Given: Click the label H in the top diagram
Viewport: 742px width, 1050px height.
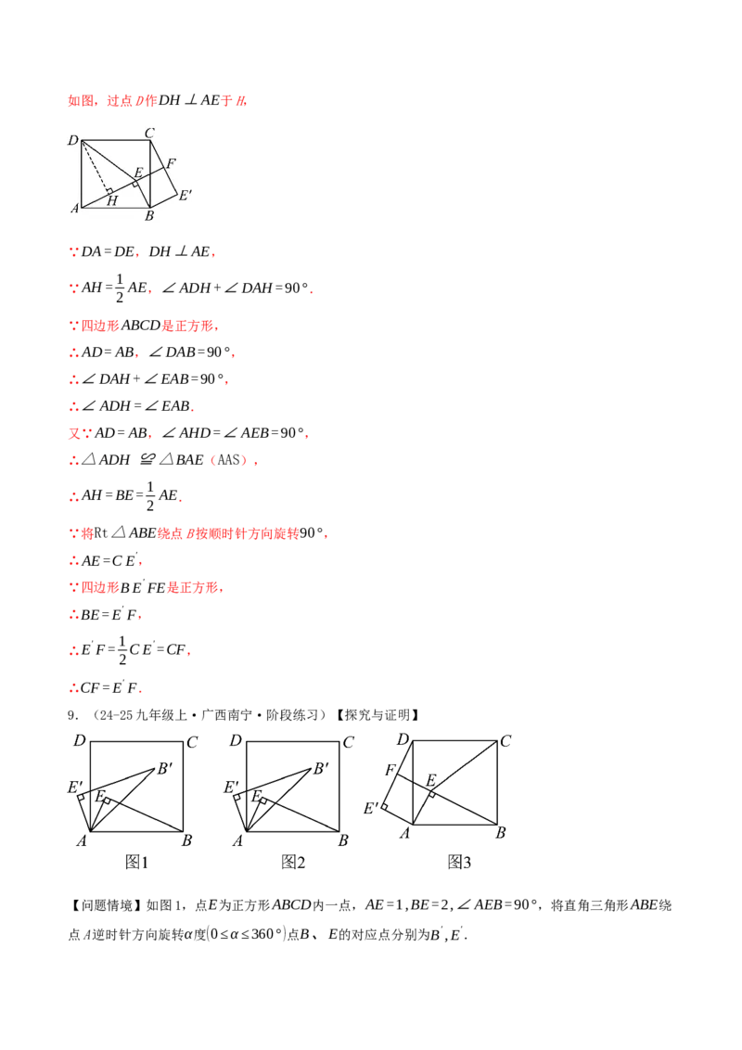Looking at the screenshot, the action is pyautogui.click(x=112, y=201).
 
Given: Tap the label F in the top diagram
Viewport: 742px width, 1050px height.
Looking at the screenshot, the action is pyautogui.click(x=171, y=162).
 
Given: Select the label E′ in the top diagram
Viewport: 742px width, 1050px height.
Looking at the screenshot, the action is pyautogui.click(x=185, y=195).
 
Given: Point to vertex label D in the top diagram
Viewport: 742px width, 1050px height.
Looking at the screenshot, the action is pyautogui.click(x=73, y=140).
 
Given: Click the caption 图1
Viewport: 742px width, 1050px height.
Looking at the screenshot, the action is pyautogui.click(x=136, y=862).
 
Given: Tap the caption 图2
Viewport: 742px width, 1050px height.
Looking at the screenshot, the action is pyautogui.click(x=293, y=862).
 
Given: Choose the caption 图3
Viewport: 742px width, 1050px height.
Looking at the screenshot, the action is pyautogui.click(x=459, y=862).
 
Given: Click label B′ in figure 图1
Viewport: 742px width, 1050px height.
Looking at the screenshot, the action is pyautogui.click(x=165, y=769).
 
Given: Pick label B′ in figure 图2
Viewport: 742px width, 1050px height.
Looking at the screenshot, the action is pyautogui.click(x=322, y=769).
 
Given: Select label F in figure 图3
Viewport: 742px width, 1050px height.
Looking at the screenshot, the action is pyautogui.click(x=390, y=770).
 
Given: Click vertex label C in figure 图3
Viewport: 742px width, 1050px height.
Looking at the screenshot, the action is pyautogui.click(x=505, y=740).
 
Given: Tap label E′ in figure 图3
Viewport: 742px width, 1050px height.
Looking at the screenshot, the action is pyautogui.click(x=371, y=808).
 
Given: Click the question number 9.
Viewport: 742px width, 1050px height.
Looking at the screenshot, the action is pyautogui.click(x=73, y=715).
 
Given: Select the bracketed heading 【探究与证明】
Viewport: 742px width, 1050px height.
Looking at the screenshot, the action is pyautogui.click(x=377, y=715).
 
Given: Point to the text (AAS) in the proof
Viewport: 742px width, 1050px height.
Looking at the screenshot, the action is pyautogui.click(x=229, y=460).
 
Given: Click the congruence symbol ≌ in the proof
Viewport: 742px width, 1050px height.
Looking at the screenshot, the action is pyautogui.click(x=148, y=459).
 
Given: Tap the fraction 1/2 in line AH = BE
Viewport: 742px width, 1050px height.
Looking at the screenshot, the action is pyautogui.click(x=150, y=495).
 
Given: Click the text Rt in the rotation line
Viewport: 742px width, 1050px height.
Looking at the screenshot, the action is pyautogui.click(x=101, y=533).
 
